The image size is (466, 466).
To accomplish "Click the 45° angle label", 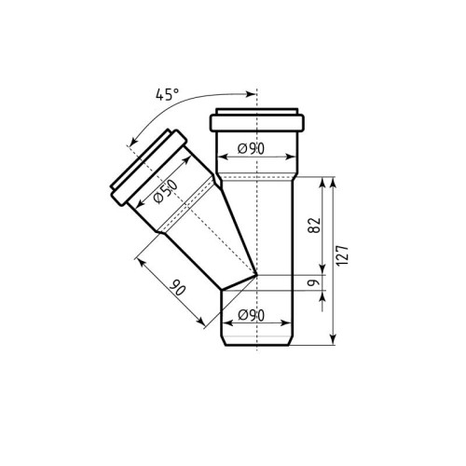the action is tap(167, 94).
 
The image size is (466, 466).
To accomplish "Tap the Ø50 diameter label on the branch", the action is tap(166, 192).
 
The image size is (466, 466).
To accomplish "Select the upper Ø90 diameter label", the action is tap(251, 149).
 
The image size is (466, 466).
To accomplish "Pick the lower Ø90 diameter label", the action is tap(251, 315).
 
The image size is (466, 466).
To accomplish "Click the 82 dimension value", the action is tap(314, 226).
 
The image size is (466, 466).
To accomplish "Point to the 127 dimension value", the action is tap(343, 255).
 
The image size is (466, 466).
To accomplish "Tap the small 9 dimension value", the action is tap(314, 282).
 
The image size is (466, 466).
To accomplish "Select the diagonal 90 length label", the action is tap(178, 288).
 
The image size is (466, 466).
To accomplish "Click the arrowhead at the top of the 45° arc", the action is tap(251, 94).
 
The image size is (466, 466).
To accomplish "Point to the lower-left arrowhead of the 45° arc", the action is tap(133, 142).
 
